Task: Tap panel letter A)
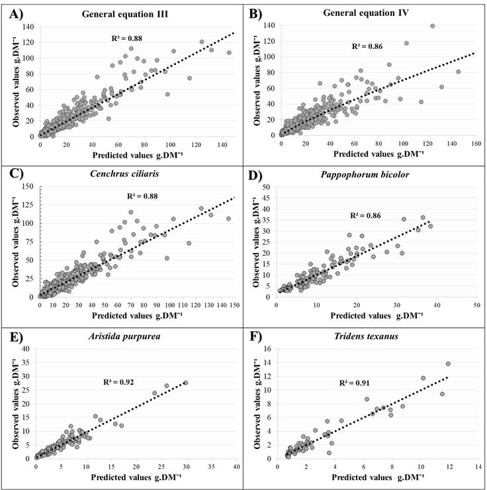pos(14,12)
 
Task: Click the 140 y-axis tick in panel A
pos(27,26)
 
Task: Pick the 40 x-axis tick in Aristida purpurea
pos(236,465)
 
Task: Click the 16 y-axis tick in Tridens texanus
pos(268,348)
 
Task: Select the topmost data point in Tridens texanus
pos(448,364)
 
